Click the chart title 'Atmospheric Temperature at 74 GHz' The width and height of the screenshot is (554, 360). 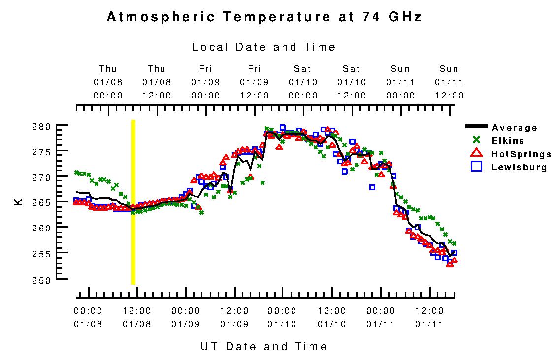[264, 17]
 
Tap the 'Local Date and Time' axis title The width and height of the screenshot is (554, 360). [264, 47]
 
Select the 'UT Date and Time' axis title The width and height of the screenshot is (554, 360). [264, 346]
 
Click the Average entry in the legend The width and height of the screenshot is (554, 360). [515, 128]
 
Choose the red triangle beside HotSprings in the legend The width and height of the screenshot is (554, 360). [476, 153]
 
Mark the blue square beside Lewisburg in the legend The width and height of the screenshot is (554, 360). [476, 167]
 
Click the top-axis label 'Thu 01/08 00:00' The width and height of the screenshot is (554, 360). [108, 82]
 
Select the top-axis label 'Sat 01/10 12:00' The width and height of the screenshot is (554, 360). [351, 82]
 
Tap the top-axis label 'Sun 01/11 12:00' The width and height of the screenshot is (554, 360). [449, 82]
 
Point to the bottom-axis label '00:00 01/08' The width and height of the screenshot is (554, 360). [88, 317]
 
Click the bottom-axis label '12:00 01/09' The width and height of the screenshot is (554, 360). [234, 317]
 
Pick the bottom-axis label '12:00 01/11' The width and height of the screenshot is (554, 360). [429, 317]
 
